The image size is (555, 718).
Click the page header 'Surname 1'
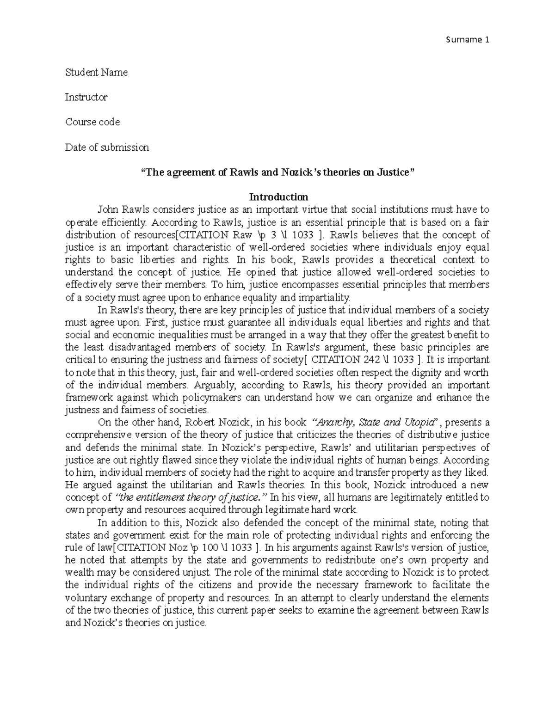[x=467, y=40]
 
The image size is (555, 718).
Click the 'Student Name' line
[x=96, y=72]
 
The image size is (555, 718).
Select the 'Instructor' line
[x=86, y=97]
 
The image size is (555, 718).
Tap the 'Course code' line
[x=92, y=122]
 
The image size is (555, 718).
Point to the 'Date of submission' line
[x=107, y=147]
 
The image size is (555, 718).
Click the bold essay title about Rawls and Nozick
[x=277, y=172]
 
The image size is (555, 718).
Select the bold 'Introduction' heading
[x=277, y=197]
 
